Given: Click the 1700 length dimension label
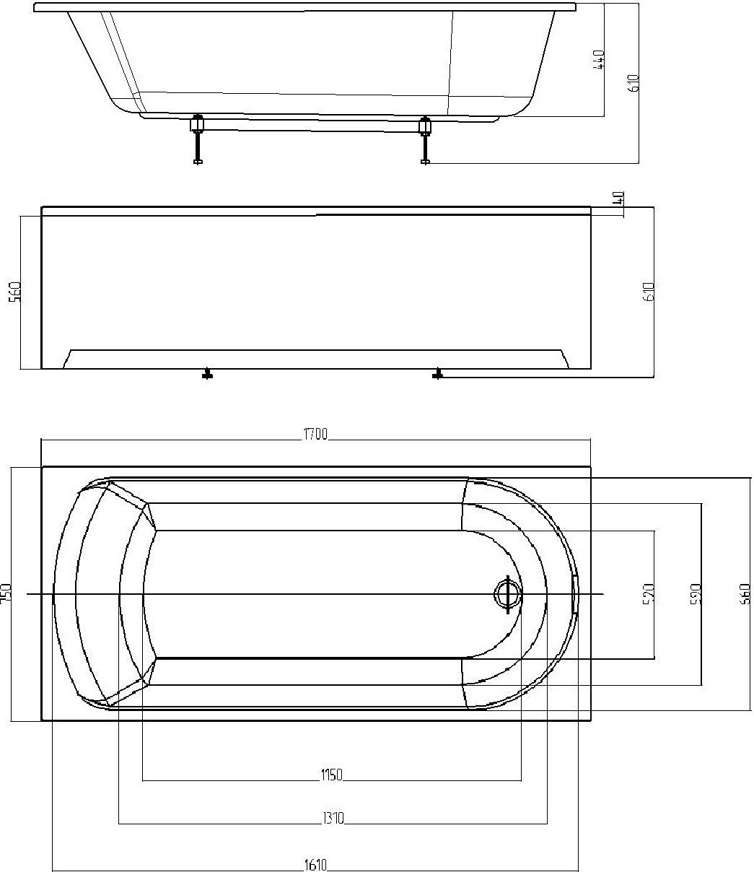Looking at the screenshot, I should click(315, 434).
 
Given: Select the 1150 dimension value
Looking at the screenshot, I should click(331, 775).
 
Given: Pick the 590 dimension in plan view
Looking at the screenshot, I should click(696, 593).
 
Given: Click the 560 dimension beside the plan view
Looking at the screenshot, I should click(745, 593).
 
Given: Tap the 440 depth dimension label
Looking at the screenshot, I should click(598, 59).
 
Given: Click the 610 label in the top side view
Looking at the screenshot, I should click(634, 84).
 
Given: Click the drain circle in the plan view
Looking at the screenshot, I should click(507, 594).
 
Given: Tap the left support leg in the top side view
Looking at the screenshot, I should click(197, 141).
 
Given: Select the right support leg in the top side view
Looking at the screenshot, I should click(425, 141).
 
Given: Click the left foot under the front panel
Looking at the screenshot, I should click(208, 374).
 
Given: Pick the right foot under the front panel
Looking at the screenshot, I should click(437, 374).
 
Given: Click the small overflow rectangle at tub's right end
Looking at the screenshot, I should click(575, 594).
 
